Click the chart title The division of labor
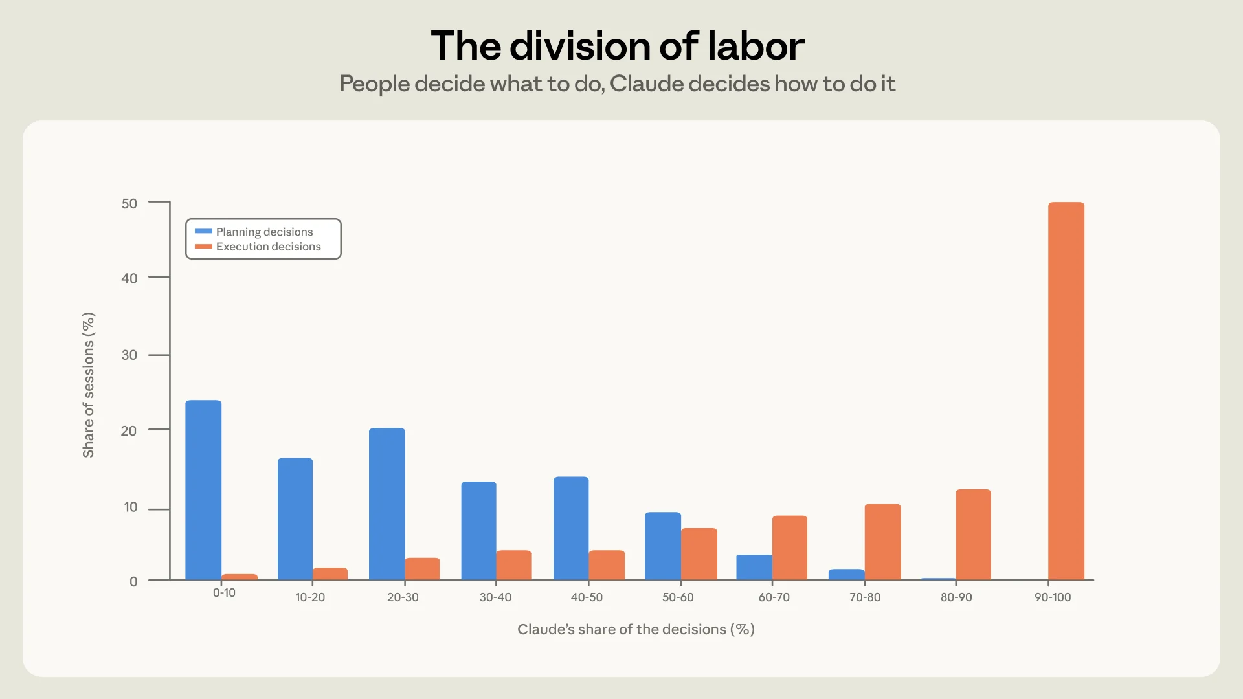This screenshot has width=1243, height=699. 618,46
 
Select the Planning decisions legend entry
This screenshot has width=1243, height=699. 254,232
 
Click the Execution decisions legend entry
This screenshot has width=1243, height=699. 258,247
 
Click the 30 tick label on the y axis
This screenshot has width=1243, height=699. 129,355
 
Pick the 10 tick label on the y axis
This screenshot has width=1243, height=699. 131,507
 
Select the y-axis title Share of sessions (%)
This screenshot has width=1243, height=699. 89,385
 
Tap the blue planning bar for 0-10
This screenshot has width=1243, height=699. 203,490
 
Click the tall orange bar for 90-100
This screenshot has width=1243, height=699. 1066,391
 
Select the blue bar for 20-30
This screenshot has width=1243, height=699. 387,504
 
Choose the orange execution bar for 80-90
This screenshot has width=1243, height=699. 973,535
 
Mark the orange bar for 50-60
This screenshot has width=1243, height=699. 699,554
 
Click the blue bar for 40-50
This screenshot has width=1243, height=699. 571,528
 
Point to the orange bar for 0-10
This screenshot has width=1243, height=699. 240,577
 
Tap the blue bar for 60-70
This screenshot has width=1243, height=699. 754,567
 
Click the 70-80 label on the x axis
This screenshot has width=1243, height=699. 865,597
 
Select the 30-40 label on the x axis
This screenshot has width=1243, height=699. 495,597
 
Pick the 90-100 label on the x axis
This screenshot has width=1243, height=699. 1053,597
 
